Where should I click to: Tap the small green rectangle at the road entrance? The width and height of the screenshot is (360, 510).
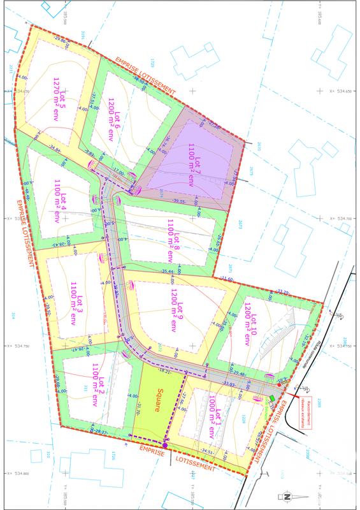click(x=272, y=398)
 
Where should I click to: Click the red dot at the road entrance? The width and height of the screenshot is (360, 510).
click(x=279, y=385)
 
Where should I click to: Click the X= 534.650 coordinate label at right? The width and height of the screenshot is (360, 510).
click(x=340, y=91)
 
